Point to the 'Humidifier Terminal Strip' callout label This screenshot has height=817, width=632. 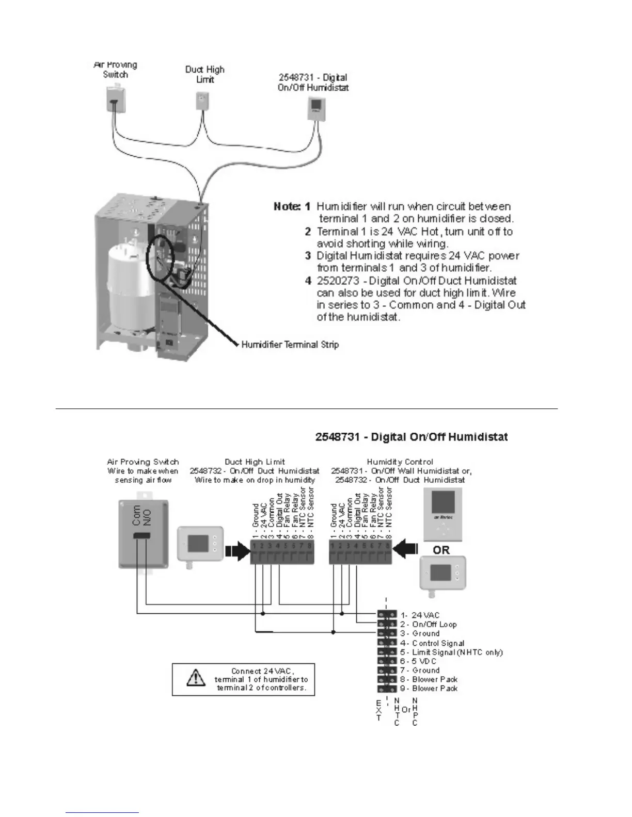click(290, 344)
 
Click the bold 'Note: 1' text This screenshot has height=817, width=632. click(292, 206)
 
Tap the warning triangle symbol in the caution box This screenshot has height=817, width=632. click(195, 678)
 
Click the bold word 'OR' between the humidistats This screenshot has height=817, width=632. click(441, 550)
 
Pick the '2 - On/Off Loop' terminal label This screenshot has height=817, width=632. click(428, 624)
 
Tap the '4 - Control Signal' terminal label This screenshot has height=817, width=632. click(432, 643)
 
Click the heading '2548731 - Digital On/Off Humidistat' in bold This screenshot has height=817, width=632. click(412, 437)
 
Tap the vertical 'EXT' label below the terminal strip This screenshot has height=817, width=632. click(379, 710)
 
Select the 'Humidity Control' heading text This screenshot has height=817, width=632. click(400, 462)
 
